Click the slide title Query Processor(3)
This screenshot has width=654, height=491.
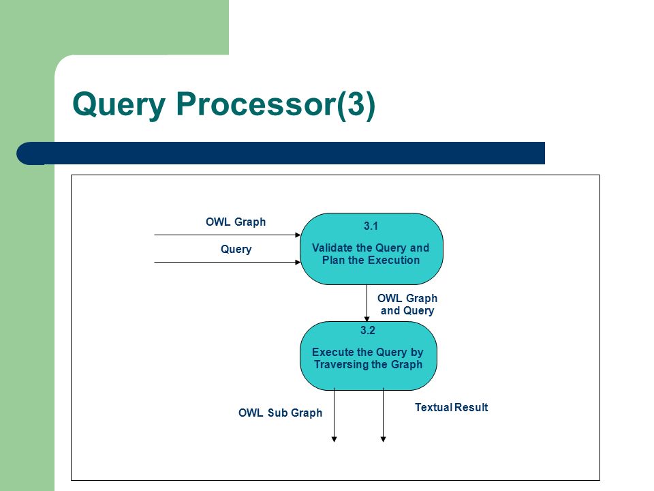coord(224,104)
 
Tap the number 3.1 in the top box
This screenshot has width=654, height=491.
coord(371,226)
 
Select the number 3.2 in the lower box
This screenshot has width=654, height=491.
coord(368,330)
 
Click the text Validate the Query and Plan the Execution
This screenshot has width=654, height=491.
coord(371,254)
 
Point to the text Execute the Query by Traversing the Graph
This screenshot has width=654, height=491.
coord(368,358)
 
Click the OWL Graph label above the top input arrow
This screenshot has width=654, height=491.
coord(236,222)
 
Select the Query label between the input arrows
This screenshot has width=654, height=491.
coord(236,250)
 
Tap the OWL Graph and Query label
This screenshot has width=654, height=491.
coord(407,304)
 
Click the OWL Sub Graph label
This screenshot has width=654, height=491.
coord(280,413)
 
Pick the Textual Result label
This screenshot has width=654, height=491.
coord(451,408)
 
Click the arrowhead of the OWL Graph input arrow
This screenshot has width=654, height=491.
coord(298,235)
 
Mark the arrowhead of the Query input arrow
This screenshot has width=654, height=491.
coord(298,262)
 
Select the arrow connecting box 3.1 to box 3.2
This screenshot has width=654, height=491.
coord(367,303)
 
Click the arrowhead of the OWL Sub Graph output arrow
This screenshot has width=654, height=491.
coord(334,438)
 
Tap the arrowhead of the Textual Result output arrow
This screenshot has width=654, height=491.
coord(384,438)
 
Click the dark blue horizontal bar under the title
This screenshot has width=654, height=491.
coord(281,153)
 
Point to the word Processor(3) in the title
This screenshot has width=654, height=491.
coord(276,104)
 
